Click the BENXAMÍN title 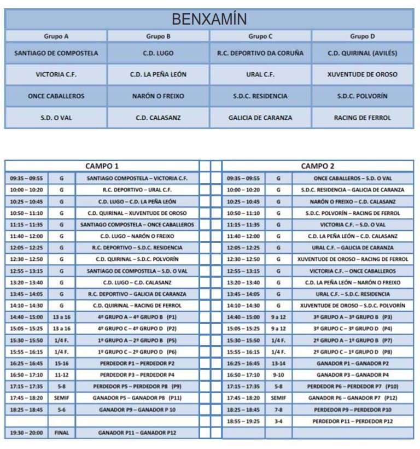tap(209, 20)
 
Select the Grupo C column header tap(260, 37)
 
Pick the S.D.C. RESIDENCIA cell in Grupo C tap(260, 95)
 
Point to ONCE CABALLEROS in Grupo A tap(56, 95)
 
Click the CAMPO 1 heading tap(102, 165)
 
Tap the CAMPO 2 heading tap(317, 165)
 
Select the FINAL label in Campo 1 tap(61, 433)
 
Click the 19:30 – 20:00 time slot tap(27, 433)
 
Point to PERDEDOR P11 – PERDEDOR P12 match tap(352, 421)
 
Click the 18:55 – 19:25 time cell tap(244, 421)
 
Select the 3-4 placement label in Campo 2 tap(279, 421)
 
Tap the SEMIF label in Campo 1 tap(61, 398)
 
